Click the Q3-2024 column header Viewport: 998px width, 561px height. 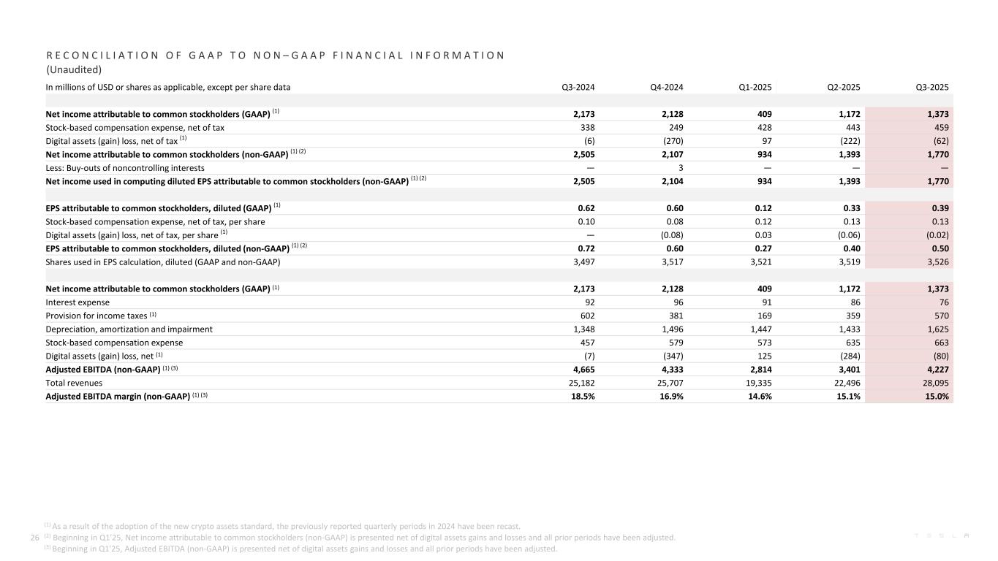578,87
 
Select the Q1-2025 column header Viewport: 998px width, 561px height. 755,87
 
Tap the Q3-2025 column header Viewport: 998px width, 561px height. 932,87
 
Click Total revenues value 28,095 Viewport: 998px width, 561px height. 934,383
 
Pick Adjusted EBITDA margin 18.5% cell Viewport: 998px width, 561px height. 581,396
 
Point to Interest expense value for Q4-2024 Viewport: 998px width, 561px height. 676,302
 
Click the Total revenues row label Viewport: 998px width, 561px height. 74,383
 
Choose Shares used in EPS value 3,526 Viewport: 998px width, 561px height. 937,262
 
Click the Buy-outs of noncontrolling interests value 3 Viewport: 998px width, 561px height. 680,168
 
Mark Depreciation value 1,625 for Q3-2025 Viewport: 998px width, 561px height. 937,329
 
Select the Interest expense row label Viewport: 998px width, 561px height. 78,302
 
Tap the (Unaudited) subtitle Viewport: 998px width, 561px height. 73,70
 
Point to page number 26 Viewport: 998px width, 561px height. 34,538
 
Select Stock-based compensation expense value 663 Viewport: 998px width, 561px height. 939,343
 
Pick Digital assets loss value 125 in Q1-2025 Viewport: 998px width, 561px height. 764,356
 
